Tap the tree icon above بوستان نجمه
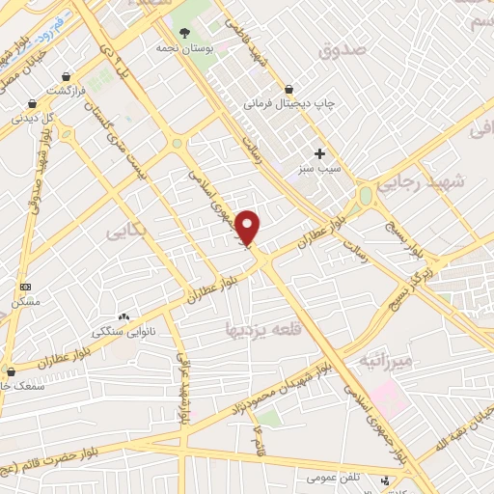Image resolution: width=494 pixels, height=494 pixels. click(x=184, y=34)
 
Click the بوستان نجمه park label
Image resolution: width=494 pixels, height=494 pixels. click(x=184, y=47)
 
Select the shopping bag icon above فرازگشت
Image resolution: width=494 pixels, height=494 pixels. click(x=66, y=75)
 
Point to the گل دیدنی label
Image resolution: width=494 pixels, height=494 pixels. click(x=32, y=119)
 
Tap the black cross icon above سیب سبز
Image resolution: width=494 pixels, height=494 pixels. click(x=319, y=153)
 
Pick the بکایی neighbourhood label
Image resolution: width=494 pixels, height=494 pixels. click(x=126, y=232)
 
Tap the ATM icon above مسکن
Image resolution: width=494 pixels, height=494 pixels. click(x=25, y=288)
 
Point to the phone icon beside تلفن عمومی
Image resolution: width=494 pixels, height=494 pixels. click(x=387, y=480)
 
